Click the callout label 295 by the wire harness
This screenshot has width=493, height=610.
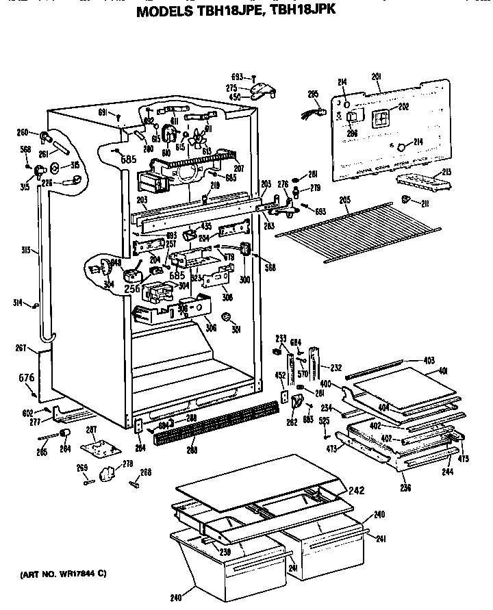click(314, 94)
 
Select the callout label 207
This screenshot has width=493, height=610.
click(239, 168)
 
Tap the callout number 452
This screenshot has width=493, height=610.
click(280, 374)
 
